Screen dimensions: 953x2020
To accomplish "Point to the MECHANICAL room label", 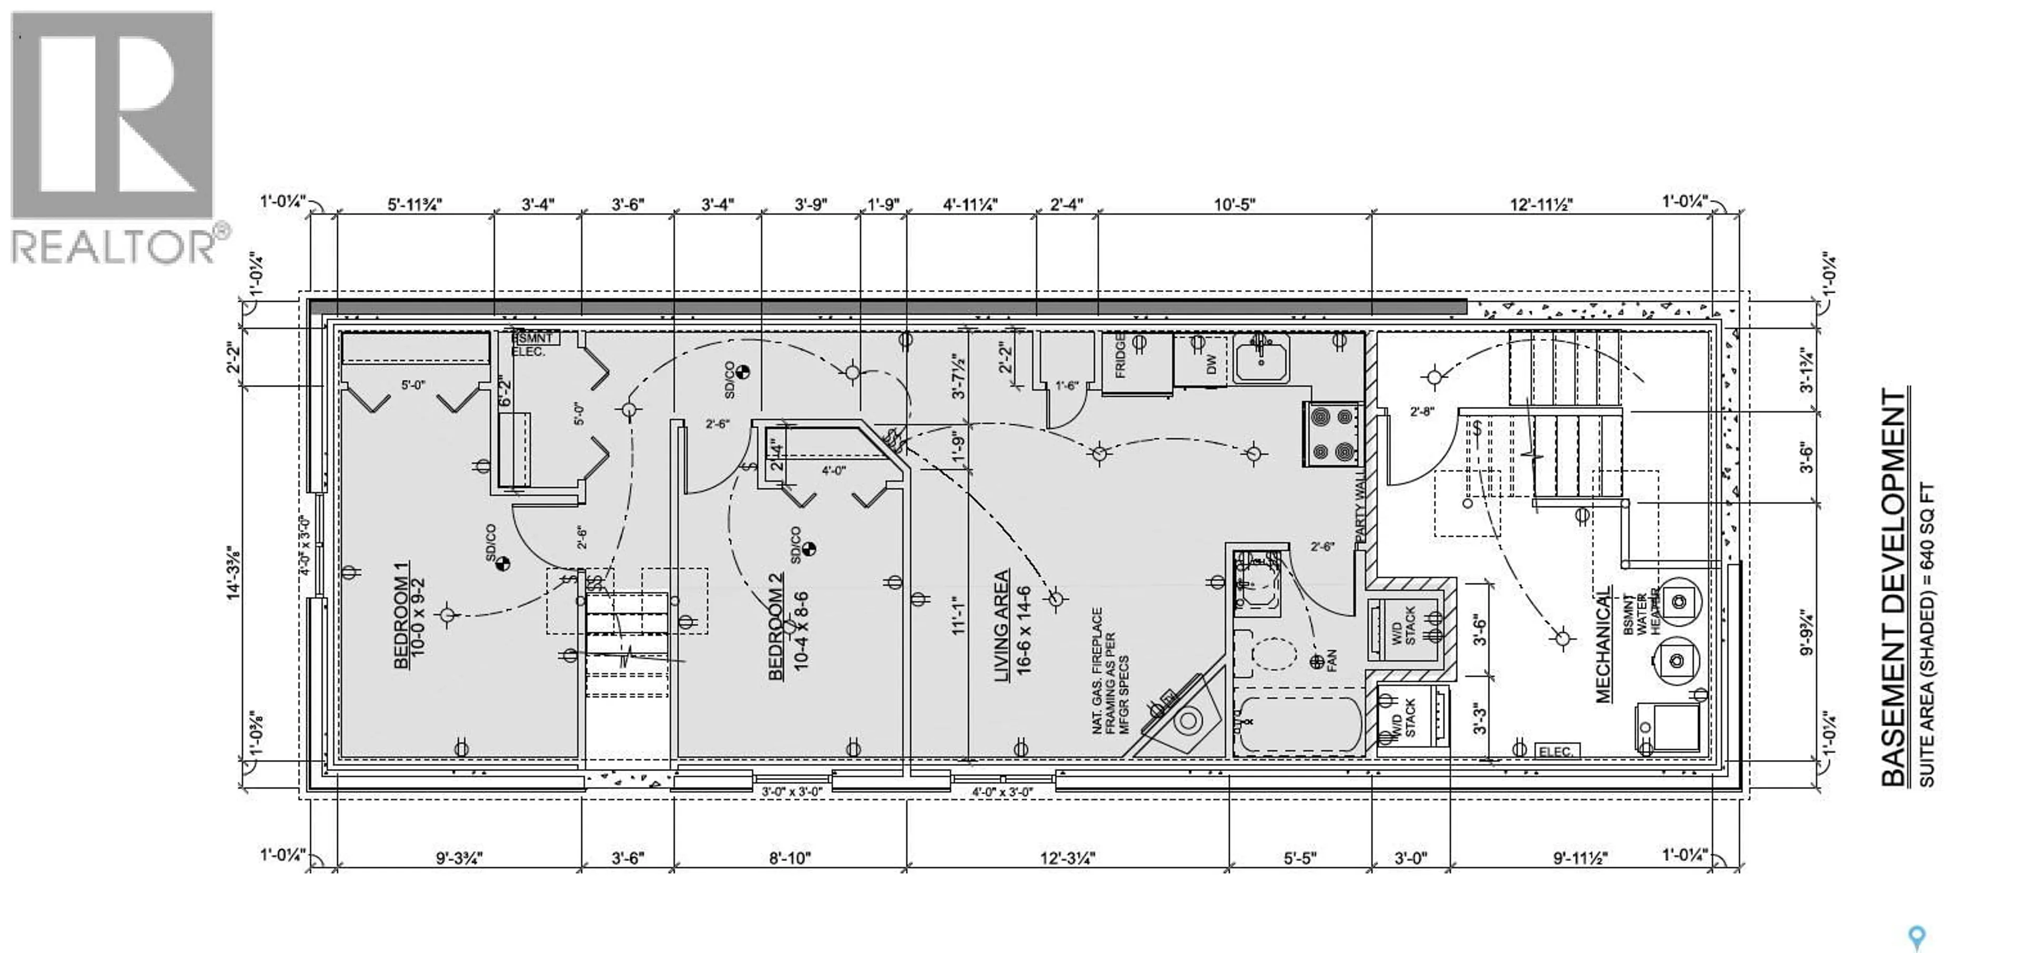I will click(x=1603, y=644).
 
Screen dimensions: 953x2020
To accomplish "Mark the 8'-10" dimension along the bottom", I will click(x=790, y=858).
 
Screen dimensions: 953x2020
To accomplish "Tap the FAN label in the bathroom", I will click(x=1331, y=661).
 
